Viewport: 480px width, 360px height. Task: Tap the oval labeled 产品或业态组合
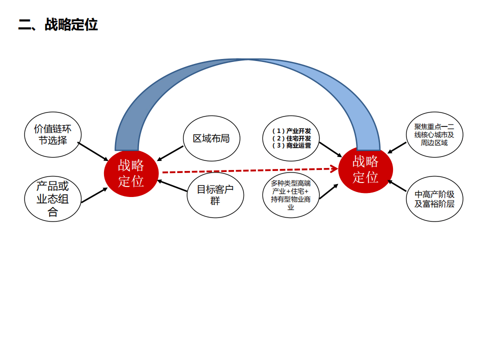pos(52,199)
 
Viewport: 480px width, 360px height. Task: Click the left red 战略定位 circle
pos(131,173)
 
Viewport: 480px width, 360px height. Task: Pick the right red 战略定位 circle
pos(365,169)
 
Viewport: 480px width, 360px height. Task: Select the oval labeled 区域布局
pos(211,138)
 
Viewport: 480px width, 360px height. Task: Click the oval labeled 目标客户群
pos(215,195)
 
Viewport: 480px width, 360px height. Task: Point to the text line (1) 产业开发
pos(291,130)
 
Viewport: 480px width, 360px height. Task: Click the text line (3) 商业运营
pos(291,145)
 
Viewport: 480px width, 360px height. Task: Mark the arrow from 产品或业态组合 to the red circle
pos(94,195)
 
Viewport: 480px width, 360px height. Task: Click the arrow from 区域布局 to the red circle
pos(170,153)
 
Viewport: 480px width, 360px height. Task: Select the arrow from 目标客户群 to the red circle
pos(172,186)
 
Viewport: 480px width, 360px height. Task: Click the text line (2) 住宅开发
pos(291,138)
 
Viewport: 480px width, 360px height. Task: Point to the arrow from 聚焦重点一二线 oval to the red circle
pos(397,147)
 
